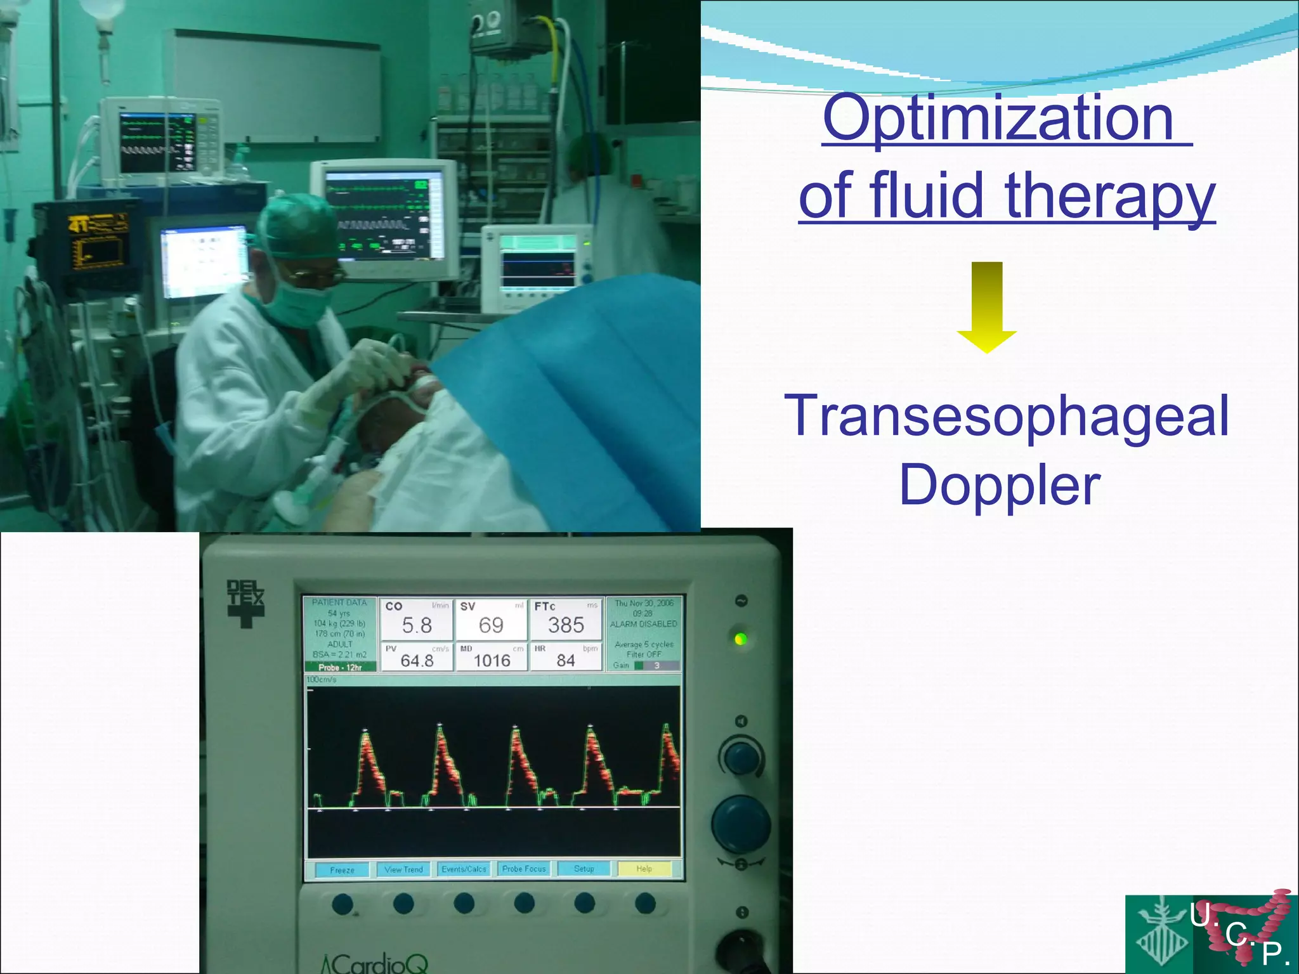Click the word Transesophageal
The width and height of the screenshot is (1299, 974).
(1007, 416)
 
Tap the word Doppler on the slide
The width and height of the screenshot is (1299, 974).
(1000, 485)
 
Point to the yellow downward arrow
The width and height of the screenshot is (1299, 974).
(987, 307)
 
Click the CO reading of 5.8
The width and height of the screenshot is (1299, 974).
(417, 626)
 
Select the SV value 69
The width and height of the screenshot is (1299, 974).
(491, 626)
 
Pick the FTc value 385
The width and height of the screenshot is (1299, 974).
(566, 626)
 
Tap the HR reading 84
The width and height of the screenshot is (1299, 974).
(566, 661)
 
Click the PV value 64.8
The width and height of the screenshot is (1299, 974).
(417, 661)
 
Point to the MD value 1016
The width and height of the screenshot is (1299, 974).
(492, 661)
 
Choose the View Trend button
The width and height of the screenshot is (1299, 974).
(403, 869)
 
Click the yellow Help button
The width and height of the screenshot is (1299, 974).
(644, 869)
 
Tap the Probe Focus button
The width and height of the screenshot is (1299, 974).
(524, 869)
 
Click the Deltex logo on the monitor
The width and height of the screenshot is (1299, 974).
(245, 603)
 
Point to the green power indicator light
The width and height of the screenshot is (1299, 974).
(740, 639)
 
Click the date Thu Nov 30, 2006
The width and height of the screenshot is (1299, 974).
(644, 603)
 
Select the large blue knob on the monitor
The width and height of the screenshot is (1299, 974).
(740, 824)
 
